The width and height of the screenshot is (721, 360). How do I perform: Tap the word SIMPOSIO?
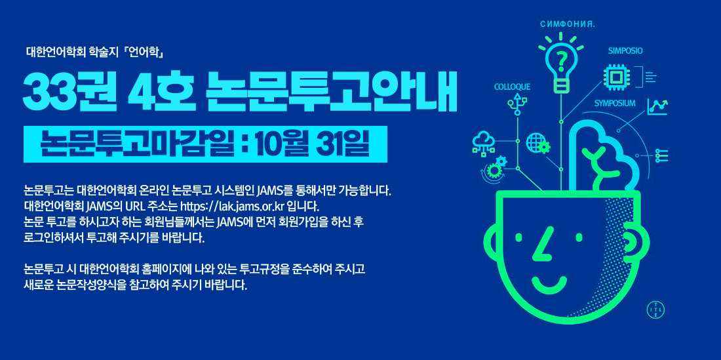point(625,51)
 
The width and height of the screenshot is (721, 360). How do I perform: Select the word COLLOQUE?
point(513,87)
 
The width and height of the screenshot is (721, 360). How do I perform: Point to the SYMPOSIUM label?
point(615,103)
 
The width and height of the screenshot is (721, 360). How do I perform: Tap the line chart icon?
point(657,107)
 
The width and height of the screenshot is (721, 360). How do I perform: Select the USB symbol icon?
point(518,104)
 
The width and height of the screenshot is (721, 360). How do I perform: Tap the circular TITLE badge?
point(655,309)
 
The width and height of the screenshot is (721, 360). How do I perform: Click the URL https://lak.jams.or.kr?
point(248,205)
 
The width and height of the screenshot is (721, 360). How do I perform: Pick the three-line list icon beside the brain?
point(662,156)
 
